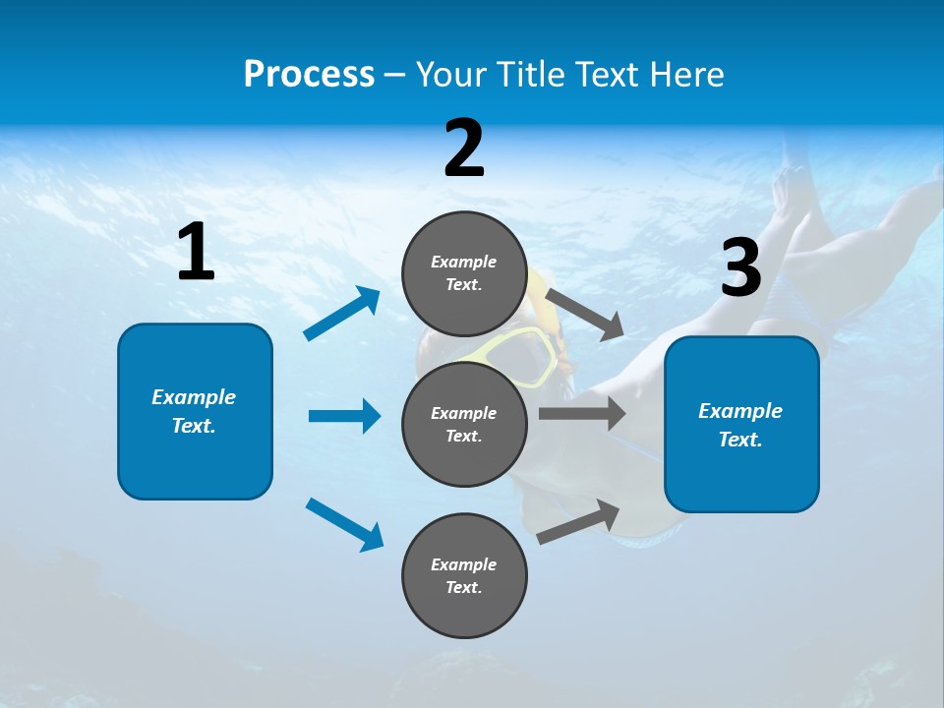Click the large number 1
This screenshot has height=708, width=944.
196,252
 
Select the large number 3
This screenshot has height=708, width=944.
741,268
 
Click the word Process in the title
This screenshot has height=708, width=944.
309,75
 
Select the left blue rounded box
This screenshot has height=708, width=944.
195,411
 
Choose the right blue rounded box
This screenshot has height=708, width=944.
741,424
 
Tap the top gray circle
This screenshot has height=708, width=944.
464,273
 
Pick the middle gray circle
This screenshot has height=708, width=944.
464,424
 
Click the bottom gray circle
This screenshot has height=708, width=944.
464,575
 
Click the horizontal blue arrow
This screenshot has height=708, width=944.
344,416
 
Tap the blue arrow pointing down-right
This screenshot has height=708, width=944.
344,524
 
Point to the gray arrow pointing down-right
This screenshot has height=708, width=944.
584,314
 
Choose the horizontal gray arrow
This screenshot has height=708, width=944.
582,413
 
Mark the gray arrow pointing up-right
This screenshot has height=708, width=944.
578,522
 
